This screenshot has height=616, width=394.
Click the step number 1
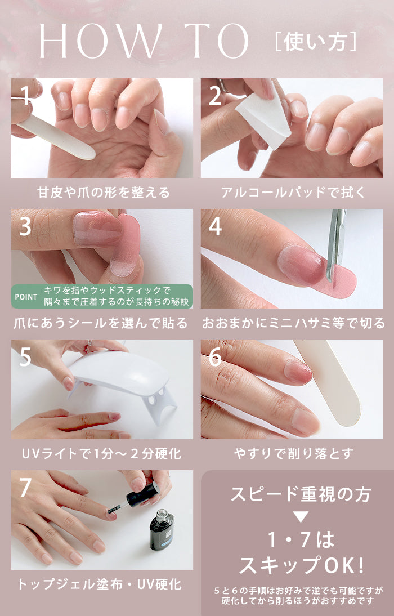[x=24, y=96]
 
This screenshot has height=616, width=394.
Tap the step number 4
[x=215, y=226]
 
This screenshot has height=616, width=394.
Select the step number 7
[x=25, y=488]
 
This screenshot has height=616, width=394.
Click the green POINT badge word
[x=26, y=297]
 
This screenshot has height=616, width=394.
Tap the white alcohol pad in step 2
[x=264, y=117]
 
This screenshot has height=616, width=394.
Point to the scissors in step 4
[x=335, y=244]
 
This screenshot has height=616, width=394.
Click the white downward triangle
[x=301, y=516]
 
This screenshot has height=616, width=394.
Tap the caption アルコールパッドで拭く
[x=293, y=193]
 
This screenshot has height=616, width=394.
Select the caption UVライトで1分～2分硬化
[x=102, y=454]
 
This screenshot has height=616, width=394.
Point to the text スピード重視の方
[x=301, y=494]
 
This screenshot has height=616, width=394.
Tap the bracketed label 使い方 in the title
[x=315, y=42]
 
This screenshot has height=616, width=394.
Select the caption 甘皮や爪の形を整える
[x=104, y=193]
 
